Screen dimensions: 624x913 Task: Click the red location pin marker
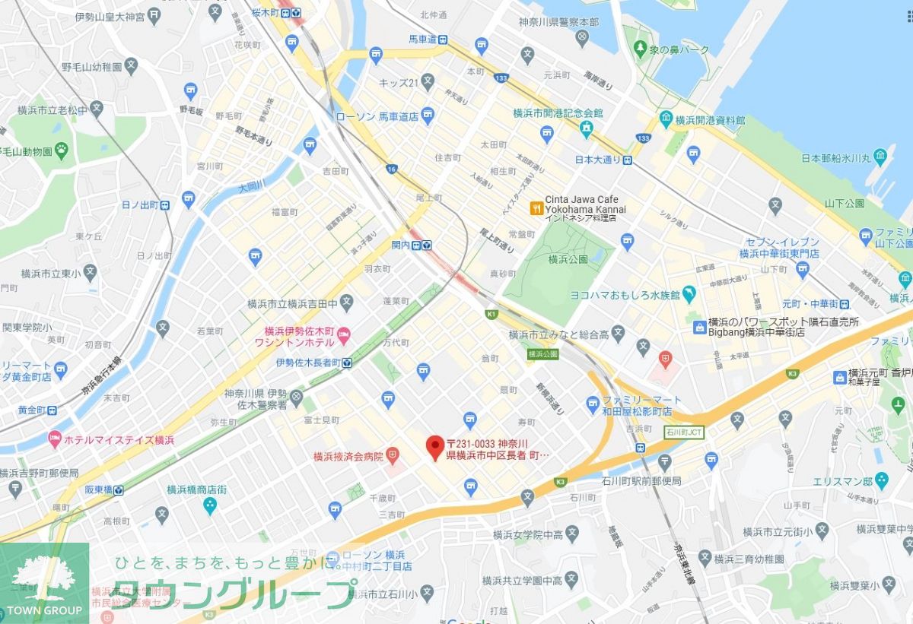click(434, 447)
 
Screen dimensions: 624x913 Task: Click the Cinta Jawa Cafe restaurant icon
click(536, 206)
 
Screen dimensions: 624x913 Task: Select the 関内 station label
click(400, 245)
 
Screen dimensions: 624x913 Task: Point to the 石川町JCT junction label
click(684, 432)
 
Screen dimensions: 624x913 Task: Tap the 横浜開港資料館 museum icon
click(666, 119)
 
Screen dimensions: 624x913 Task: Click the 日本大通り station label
click(597, 160)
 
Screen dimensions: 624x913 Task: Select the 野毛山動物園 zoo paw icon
click(60, 150)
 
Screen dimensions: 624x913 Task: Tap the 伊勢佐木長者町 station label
click(308, 363)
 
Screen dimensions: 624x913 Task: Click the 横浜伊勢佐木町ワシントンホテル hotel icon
click(343, 332)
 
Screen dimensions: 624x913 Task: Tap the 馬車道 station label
click(423, 39)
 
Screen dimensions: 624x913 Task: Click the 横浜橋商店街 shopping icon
click(210, 505)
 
